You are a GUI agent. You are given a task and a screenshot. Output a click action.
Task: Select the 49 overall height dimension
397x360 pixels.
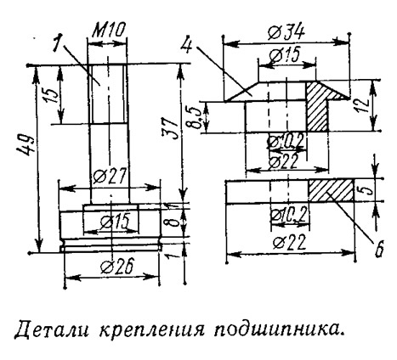[27, 146]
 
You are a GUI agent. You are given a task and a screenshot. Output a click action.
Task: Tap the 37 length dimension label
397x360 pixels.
[170, 128]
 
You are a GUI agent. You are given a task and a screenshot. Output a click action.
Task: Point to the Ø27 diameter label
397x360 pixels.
[109, 176]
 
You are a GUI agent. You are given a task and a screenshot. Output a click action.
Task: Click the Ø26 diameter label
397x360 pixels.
[116, 267]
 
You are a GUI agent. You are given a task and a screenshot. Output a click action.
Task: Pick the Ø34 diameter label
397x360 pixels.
[286, 33]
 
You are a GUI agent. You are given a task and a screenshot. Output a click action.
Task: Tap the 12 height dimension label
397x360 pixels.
[363, 105]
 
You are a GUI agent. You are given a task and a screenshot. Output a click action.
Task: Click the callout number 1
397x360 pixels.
[58, 42]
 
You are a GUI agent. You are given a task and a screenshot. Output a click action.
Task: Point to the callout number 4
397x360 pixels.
[187, 43]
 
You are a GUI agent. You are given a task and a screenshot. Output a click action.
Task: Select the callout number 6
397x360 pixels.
[379, 249]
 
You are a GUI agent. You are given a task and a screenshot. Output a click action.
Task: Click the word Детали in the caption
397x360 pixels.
[50, 330]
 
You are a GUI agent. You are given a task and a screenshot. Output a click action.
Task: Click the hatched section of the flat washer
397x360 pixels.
[331, 191]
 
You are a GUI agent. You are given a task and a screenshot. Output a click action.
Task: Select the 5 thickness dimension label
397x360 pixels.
[367, 189]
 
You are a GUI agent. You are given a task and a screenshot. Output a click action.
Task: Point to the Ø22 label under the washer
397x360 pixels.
[290, 242]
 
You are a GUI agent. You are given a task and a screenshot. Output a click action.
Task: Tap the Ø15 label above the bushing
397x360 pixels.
[285, 55]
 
